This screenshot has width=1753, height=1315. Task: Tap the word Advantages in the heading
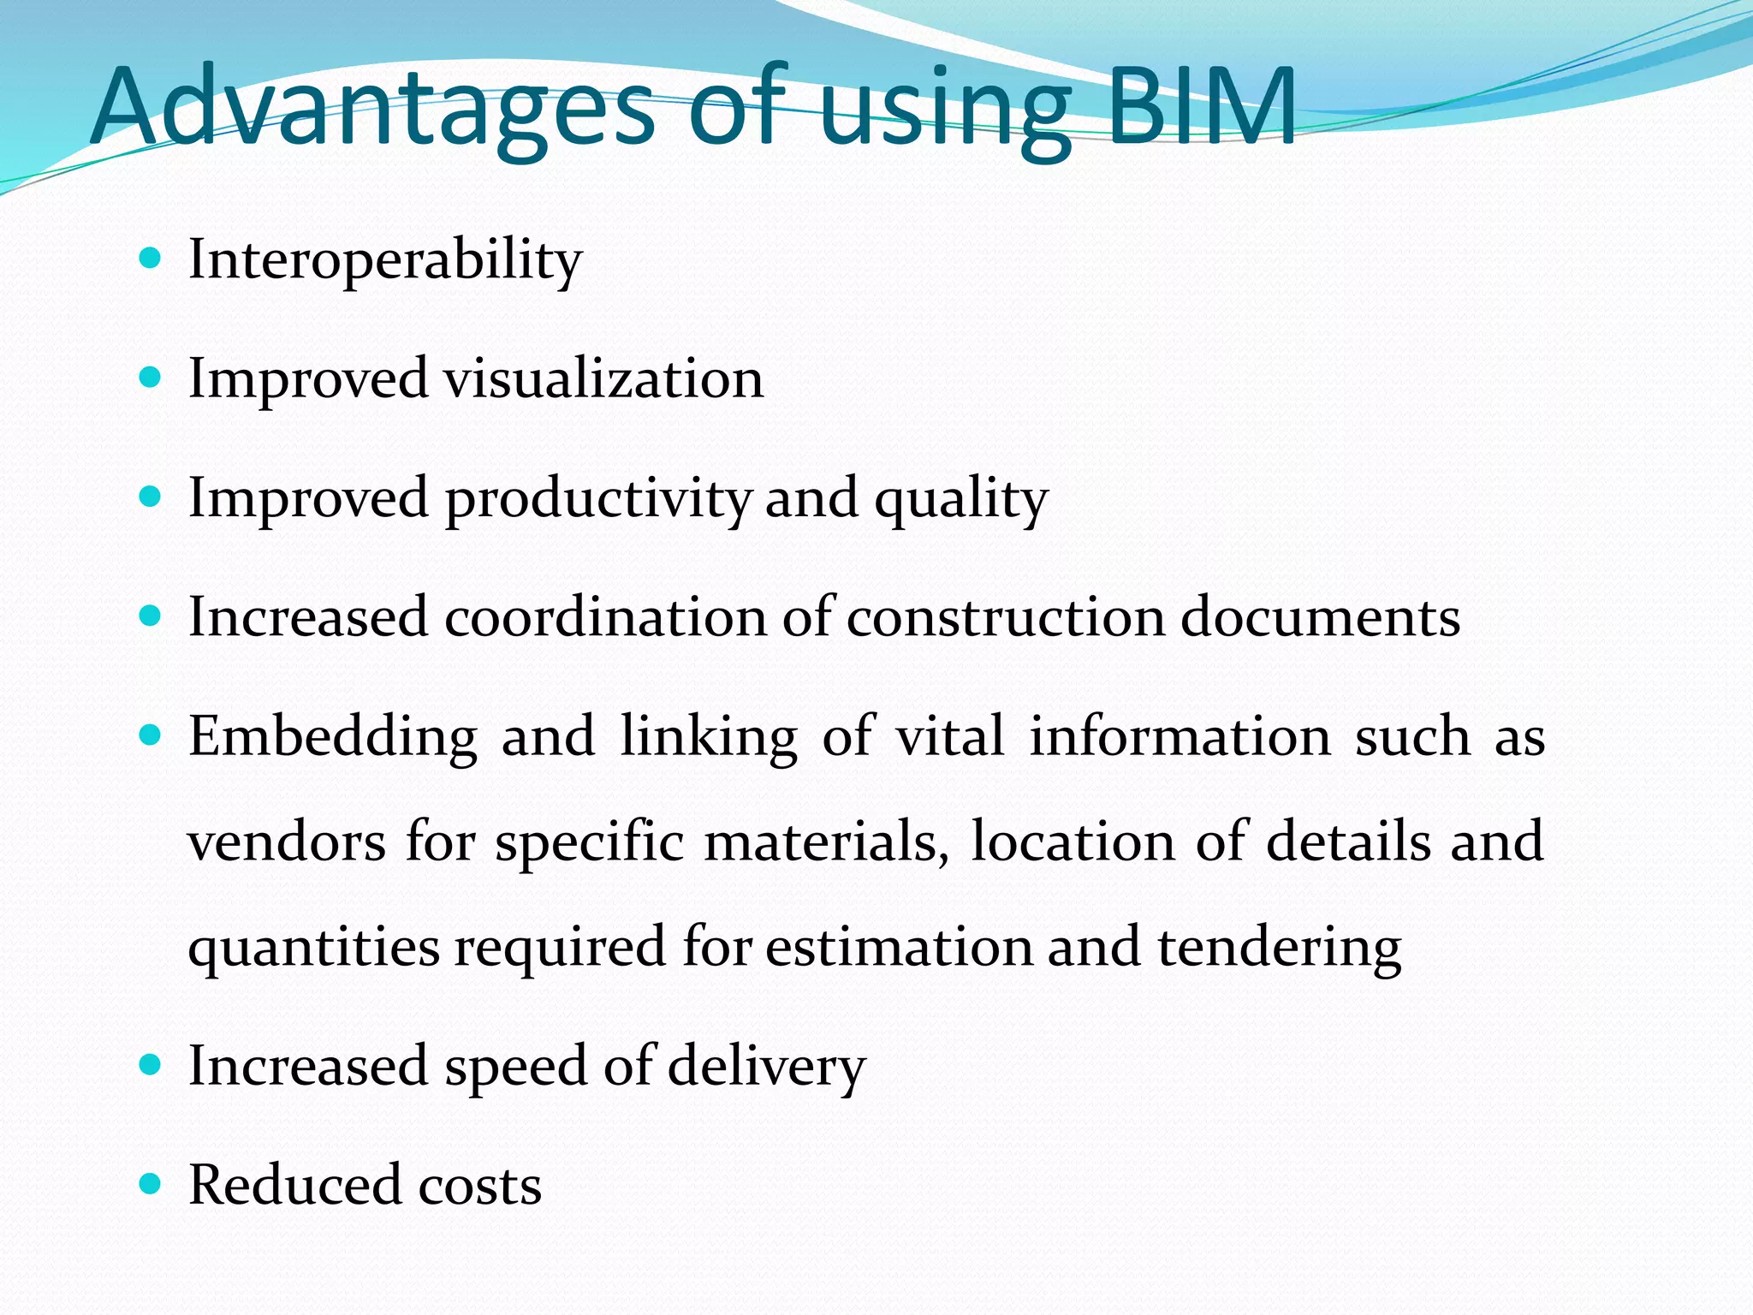pyautogui.click(x=372, y=108)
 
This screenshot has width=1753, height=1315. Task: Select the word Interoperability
pyautogui.click(x=385, y=259)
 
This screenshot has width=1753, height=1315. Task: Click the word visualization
pyautogui.click(x=603, y=378)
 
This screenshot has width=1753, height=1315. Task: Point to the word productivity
pyautogui.click(x=598, y=499)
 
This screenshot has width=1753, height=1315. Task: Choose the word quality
pyautogui.click(x=960, y=499)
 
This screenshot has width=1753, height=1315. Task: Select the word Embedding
pyautogui.click(x=333, y=736)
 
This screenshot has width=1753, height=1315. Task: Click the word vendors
pyautogui.click(x=287, y=842)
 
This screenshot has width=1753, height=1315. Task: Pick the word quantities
pyautogui.click(x=313, y=948)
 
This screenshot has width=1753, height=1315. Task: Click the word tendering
pyautogui.click(x=1280, y=948)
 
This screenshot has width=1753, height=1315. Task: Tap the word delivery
pyautogui.click(x=766, y=1067)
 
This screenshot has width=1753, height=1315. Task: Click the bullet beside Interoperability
pyautogui.click(x=150, y=258)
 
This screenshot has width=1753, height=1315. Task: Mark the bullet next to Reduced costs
pyautogui.click(x=150, y=1184)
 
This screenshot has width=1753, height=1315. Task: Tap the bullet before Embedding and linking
pyautogui.click(x=150, y=735)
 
